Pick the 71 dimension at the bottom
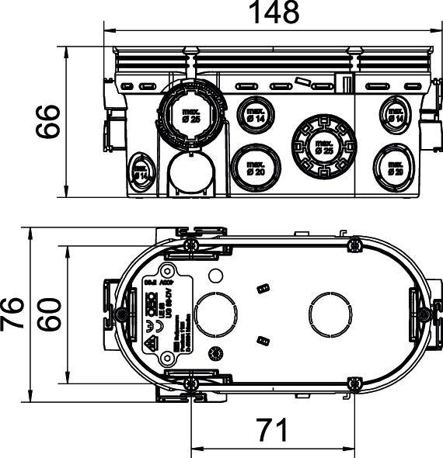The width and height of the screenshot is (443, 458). click(271, 429)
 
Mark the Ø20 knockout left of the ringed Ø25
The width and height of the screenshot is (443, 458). click(256, 165)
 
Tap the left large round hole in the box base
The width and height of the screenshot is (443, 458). click(215, 314)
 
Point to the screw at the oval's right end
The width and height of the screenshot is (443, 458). click(423, 314)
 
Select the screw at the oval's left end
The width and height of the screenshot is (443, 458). click(122, 314)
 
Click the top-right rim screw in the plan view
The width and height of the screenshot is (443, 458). click(354, 245)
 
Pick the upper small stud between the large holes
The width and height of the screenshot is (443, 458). click(262, 289)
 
